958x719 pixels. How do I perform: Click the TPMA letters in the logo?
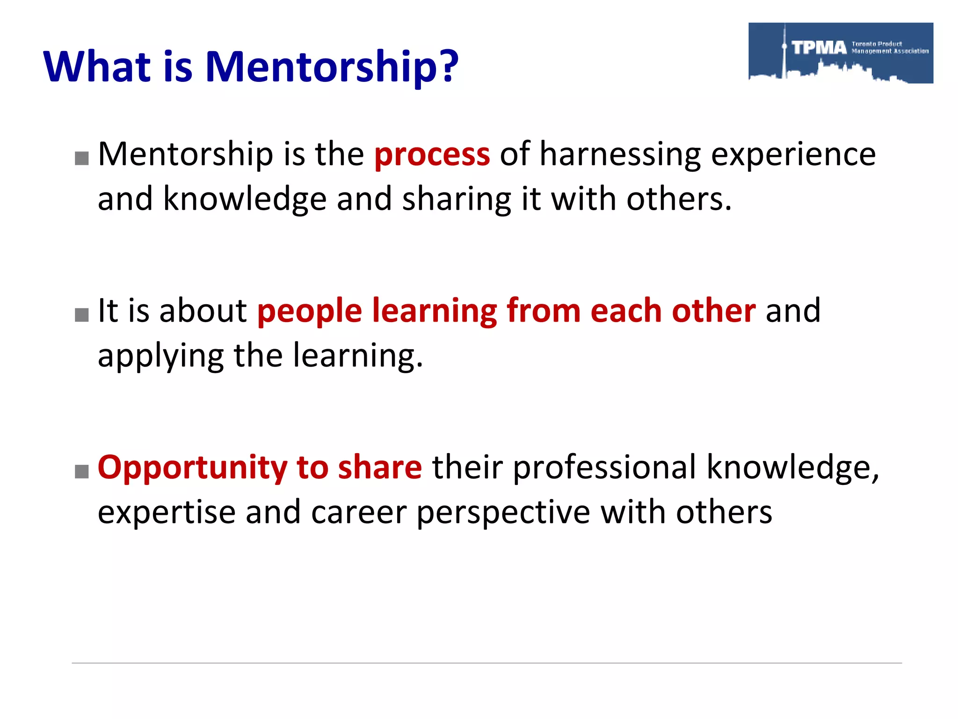(819, 47)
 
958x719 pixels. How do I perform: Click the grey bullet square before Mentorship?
(82, 158)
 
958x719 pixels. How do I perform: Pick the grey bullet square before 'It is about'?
(82, 315)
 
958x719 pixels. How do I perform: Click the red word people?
(310, 312)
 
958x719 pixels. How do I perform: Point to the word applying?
(160, 357)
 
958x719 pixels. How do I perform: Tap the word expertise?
(167, 513)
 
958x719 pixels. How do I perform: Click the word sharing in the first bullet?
(457, 200)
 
